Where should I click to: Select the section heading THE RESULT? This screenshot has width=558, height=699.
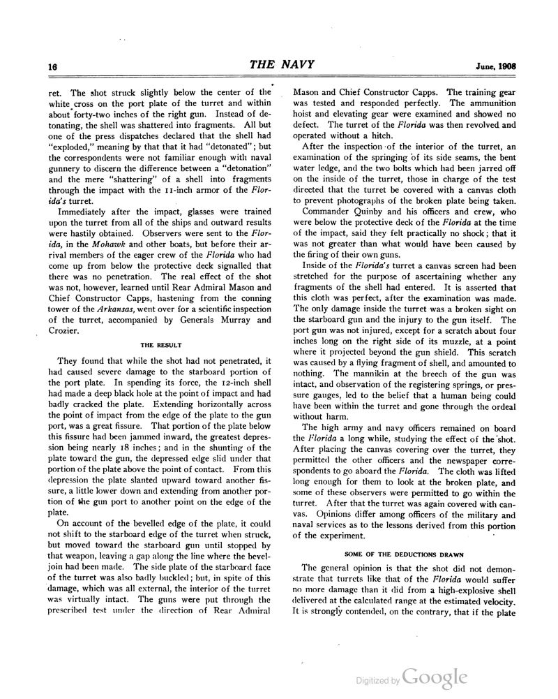coord(156,344)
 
